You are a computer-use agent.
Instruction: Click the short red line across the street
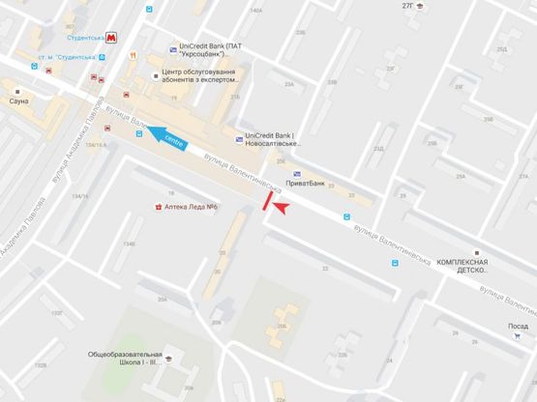point(267,199)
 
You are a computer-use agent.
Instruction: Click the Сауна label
point(18,100)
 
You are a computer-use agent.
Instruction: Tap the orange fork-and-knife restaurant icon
point(143,55)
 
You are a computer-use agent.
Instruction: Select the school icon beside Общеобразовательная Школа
point(166,359)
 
